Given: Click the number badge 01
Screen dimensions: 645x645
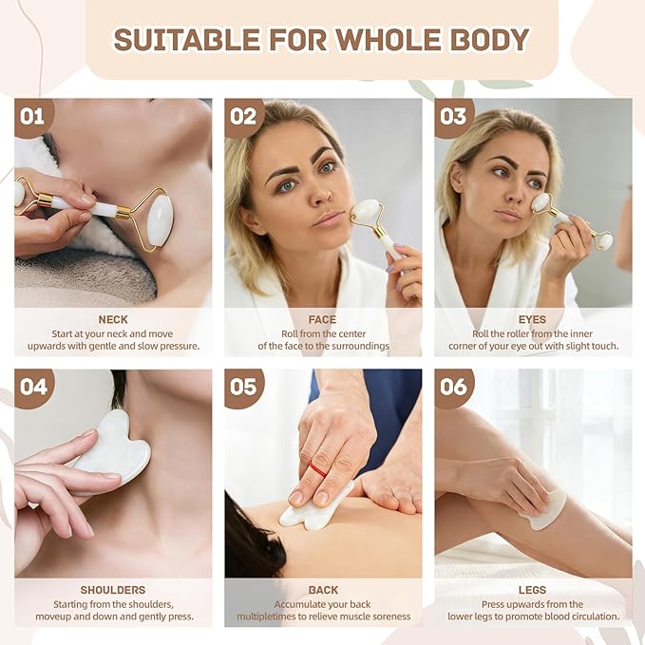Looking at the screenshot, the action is point(34,117).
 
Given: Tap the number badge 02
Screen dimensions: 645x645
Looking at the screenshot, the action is point(243,117).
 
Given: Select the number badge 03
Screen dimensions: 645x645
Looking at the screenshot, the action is point(454,117).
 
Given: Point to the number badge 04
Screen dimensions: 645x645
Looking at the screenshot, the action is point(34,388).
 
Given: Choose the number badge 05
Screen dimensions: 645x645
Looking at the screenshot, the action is point(243,388).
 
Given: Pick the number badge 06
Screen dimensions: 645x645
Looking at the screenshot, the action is point(454,388).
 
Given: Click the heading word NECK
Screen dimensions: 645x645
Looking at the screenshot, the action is point(113,319).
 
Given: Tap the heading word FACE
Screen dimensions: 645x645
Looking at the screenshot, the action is point(323,319).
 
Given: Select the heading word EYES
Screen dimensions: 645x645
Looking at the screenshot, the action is point(532,319).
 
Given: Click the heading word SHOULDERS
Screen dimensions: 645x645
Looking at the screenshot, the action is point(113,590).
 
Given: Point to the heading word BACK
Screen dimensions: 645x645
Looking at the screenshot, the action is point(323,590).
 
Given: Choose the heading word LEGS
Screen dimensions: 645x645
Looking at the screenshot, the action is point(532,590).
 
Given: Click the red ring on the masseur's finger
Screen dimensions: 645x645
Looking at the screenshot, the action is point(317,469).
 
